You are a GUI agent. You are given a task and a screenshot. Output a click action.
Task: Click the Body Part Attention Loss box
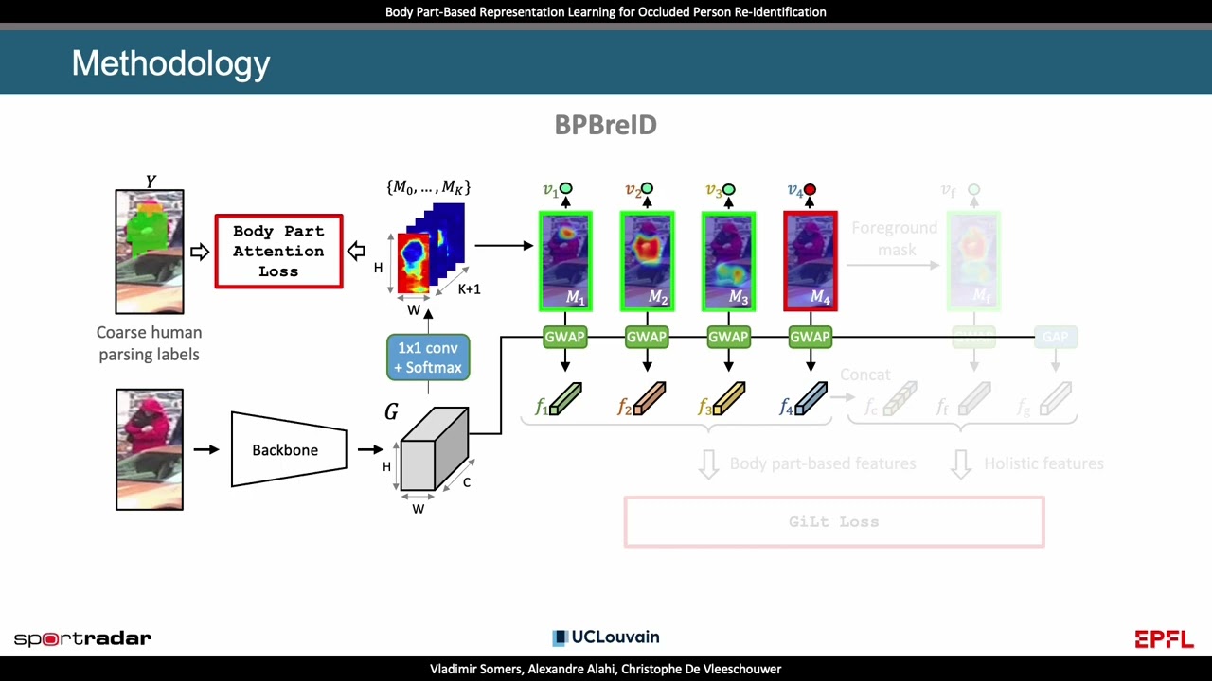tap(278, 251)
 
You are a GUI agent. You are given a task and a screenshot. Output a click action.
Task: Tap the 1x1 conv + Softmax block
tap(428, 358)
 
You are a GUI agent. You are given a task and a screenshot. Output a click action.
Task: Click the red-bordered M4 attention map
tap(810, 261)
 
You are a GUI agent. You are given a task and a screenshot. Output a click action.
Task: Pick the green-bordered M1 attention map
tap(565, 261)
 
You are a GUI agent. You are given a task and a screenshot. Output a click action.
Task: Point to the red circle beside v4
tap(810, 190)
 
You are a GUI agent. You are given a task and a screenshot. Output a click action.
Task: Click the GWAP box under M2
tap(647, 337)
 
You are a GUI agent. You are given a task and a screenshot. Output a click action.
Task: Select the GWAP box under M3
tap(728, 337)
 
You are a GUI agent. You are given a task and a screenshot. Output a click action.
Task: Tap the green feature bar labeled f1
tap(565, 399)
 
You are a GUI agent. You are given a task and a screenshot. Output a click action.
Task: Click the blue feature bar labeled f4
tap(811, 399)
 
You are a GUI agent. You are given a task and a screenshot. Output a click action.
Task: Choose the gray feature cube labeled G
tap(434, 450)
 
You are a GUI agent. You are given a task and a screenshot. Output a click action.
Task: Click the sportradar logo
tap(82, 638)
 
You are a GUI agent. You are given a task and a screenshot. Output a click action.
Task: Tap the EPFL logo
tap(1164, 639)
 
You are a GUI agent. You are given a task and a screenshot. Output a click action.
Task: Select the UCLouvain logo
tap(606, 637)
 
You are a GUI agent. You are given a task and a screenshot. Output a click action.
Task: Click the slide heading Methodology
tap(170, 63)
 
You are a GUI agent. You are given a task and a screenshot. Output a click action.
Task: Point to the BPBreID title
tap(605, 125)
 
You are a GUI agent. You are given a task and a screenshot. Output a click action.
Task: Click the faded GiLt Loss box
tap(833, 522)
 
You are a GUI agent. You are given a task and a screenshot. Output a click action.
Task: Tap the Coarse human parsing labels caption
tap(149, 343)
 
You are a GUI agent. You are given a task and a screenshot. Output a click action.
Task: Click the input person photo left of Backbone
tap(150, 449)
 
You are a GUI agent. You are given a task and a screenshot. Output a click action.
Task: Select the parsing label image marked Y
tap(150, 252)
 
